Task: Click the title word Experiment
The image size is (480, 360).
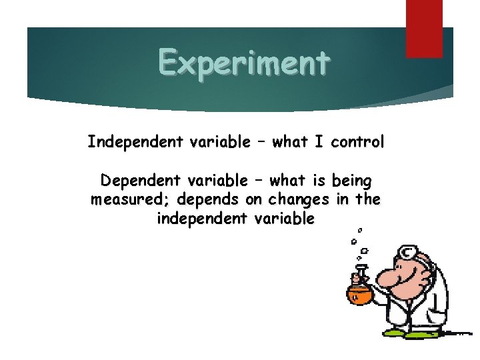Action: [244, 63]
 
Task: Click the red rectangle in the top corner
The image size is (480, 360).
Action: [425, 28]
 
